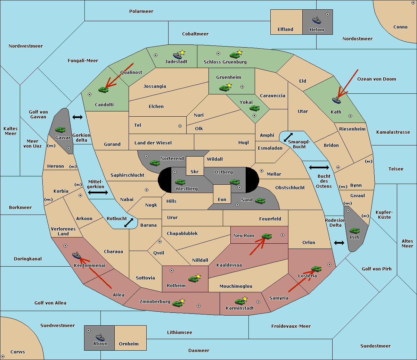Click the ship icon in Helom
pos(317,20)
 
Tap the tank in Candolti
pos(103,90)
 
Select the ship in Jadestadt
pos(177,55)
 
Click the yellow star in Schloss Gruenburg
pos(239,52)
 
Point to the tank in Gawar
pos(60,129)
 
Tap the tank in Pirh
pos(354,231)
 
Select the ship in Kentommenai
pos(77,255)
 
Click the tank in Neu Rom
pos(267,236)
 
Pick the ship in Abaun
pos(100,337)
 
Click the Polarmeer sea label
pos(141,11)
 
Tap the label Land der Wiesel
pos(153,143)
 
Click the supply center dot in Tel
pos(180,126)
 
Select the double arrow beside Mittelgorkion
pos(98,192)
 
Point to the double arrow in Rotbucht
pos(129,223)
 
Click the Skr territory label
pos(194,171)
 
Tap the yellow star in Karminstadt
pos(245,299)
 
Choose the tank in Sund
pos(260,201)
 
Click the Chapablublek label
pos(182,233)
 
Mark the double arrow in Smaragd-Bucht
pos(288,137)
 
